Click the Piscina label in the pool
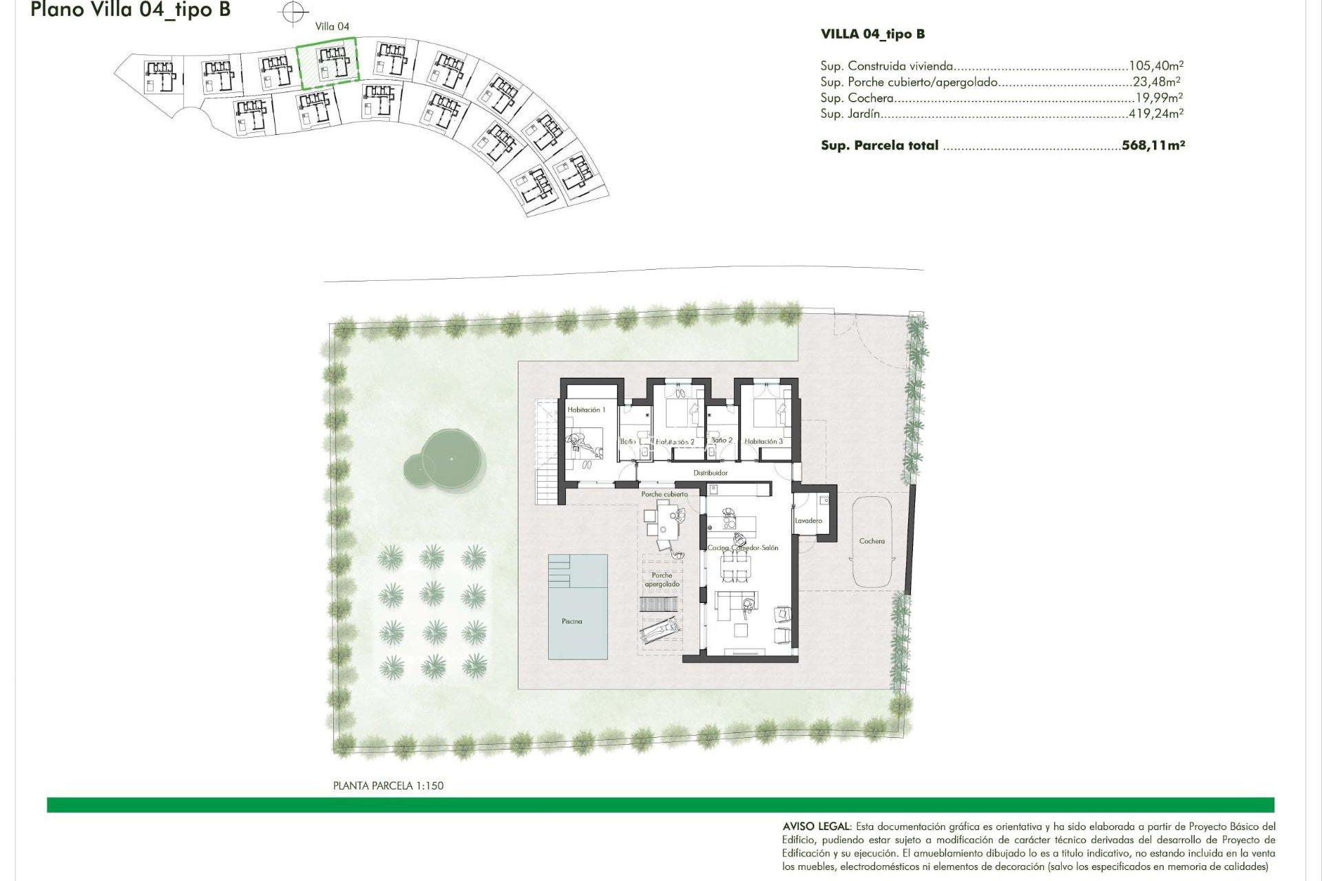tap(571, 621)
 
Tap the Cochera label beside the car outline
tap(872, 541)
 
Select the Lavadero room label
tap(808, 520)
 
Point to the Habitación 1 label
tap(586, 410)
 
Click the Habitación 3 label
tap(763, 441)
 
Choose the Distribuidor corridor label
tap(711, 473)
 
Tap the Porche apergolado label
tap(662, 580)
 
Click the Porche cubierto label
tap(664, 494)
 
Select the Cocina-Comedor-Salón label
tap(743, 548)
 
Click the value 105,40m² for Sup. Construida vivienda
tap(1156, 66)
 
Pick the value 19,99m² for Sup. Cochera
tap(1159, 98)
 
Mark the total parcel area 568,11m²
tap(1153, 145)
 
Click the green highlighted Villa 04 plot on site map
tap(328, 63)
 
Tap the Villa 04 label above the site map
tap(332, 26)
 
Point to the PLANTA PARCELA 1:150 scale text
tap(388, 785)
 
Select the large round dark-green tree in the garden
tap(451, 459)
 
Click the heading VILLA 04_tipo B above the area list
tap(872, 34)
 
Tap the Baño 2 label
tap(721, 440)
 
